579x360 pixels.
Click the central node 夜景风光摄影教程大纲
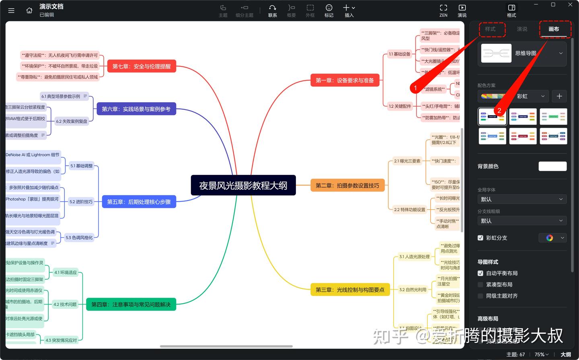coord(243,185)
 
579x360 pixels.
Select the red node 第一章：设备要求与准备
coord(345,80)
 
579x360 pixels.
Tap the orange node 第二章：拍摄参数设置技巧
coord(347,185)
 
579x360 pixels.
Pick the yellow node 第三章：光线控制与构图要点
coord(350,290)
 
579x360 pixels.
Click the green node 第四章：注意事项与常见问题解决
coord(131,304)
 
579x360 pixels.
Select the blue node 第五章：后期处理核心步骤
coord(139,202)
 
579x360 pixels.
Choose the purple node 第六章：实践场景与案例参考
coord(136,109)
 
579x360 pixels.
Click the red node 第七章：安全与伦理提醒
coord(142,66)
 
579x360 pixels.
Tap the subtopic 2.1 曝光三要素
coord(407,161)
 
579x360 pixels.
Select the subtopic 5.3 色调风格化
coord(79,238)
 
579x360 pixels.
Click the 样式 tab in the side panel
coord(490,29)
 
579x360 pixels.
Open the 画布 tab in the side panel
coord(554,29)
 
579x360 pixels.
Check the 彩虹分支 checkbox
coord(480,238)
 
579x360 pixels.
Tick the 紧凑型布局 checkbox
coord(480,284)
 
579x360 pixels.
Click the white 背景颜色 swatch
coord(552,166)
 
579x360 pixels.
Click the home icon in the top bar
coord(29,10)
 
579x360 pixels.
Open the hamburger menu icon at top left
coord(11,10)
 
